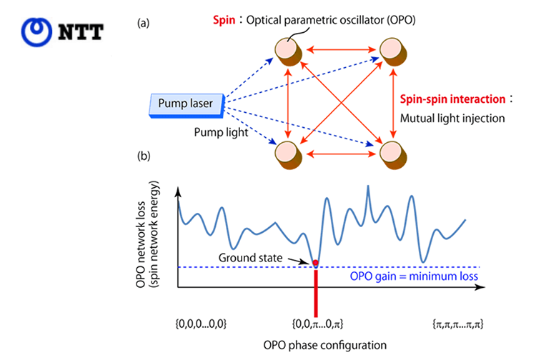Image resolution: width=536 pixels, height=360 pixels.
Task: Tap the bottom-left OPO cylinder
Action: tap(288, 154)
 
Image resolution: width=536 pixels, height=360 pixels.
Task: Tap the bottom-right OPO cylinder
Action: tap(394, 154)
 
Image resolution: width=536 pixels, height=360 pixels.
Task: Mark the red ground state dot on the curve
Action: tap(316, 263)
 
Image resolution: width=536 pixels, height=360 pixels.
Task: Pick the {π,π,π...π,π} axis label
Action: tap(459, 324)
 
